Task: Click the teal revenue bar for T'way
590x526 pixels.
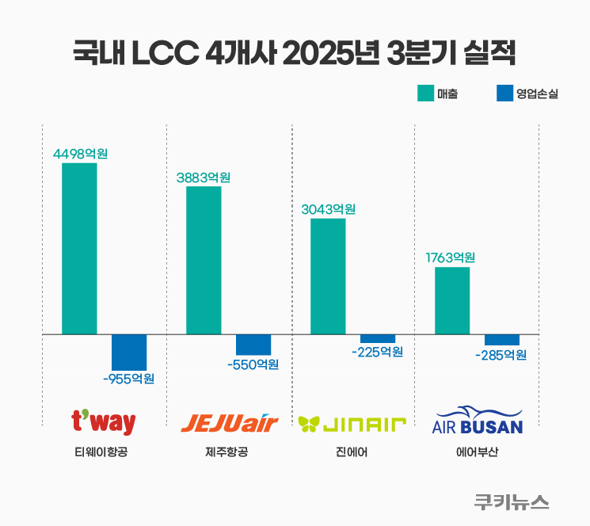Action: tap(79, 249)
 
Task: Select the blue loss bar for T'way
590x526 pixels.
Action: tap(129, 352)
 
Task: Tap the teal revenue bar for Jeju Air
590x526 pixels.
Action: tap(204, 261)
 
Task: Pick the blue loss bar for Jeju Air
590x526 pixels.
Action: tap(253, 345)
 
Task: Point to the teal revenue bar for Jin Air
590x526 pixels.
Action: tap(328, 276)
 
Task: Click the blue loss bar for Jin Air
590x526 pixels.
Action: tap(378, 339)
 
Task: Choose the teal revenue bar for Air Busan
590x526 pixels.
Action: tap(452, 301)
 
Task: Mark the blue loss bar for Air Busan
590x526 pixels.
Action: tap(502, 340)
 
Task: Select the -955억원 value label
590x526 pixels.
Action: tap(128, 379)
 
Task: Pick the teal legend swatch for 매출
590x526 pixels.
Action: tap(425, 93)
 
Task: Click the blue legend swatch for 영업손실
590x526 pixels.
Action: tap(504, 93)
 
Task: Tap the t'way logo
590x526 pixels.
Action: tap(103, 422)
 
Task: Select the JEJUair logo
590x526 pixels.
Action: tap(230, 423)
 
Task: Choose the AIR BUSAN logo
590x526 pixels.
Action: tap(478, 421)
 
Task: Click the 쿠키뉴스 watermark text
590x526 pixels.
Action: tap(512, 501)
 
